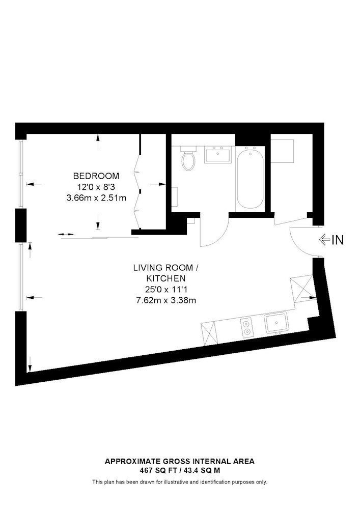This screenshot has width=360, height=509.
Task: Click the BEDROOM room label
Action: pos(96,176)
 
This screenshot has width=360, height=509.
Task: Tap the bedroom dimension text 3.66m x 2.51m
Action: pos(96,197)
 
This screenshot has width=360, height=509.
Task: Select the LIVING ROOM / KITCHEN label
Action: pos(166,273)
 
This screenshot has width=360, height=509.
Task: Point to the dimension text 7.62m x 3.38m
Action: pos(166,300)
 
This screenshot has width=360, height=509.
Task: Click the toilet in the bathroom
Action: pos(188,158)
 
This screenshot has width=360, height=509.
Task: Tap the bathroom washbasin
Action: pos(218,154)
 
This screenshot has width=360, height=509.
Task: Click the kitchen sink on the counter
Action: pos(276,323)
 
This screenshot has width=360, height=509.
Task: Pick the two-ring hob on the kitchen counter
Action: pos(247,327)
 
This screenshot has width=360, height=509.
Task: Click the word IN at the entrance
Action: pos(338,240)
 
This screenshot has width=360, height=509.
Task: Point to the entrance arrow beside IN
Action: pos(325,240)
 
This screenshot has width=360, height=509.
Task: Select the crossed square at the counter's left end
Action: pos(208,333)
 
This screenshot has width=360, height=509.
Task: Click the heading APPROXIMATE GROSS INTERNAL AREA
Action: pos(180,461)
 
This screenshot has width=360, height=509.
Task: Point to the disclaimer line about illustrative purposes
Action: pos(180,482)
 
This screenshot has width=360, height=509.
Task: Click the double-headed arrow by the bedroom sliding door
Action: pos(66,234)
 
